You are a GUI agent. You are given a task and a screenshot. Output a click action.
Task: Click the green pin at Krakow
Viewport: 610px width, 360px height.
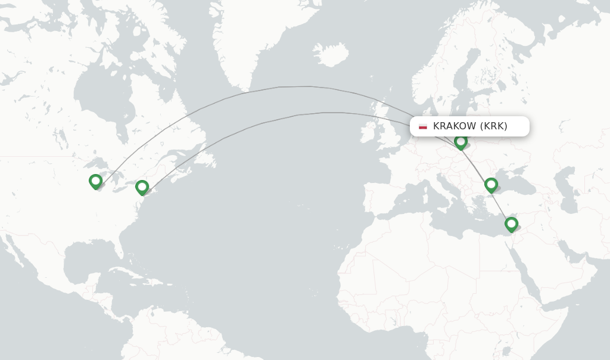tap(460, 142)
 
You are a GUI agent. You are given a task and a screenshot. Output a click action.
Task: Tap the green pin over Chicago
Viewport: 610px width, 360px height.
tap(95, 181)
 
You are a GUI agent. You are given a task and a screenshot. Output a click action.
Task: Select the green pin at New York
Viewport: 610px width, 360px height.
tap(142, 187)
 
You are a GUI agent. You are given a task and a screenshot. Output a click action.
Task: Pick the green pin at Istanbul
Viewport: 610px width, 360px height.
tap(491, 185)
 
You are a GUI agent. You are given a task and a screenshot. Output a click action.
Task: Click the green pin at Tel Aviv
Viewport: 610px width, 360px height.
tap(511, 224)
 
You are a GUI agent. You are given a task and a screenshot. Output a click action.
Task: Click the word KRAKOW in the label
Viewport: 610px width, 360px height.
tap(455, 126)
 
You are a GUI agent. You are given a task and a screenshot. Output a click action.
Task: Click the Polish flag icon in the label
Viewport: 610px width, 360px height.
tap(423, 126)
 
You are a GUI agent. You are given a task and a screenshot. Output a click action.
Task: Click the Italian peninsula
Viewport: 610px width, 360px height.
tap(441, 185)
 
